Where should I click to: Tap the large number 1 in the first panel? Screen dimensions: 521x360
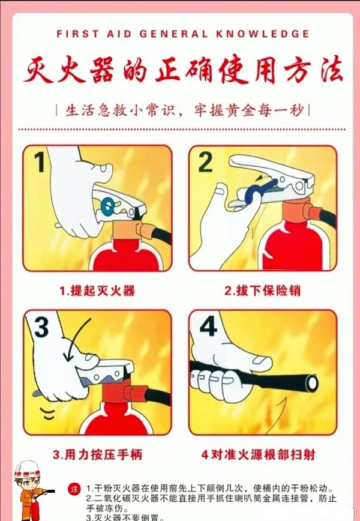click(x=40, y=161)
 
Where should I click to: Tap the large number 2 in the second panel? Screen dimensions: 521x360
click(x=205, y=161)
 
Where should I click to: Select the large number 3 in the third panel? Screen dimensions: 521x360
click(x=41, y=328)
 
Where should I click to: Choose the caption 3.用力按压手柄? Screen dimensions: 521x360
click(x=97, y=454)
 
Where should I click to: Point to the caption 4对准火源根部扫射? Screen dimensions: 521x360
click(x=262, y=454)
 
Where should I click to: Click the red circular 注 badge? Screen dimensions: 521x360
click(x=74, y=487)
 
